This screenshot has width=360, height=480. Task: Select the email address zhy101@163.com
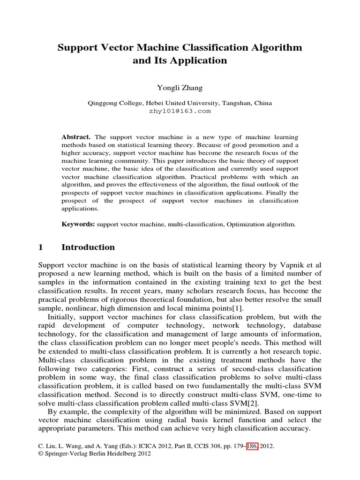(x=180, y=112)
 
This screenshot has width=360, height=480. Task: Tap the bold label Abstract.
(x=76, y=137)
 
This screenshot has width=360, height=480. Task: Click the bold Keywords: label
(x=78, y=225)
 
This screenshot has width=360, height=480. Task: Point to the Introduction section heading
(x=88, y=247)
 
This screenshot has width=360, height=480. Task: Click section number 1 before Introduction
(x=40, y=247)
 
